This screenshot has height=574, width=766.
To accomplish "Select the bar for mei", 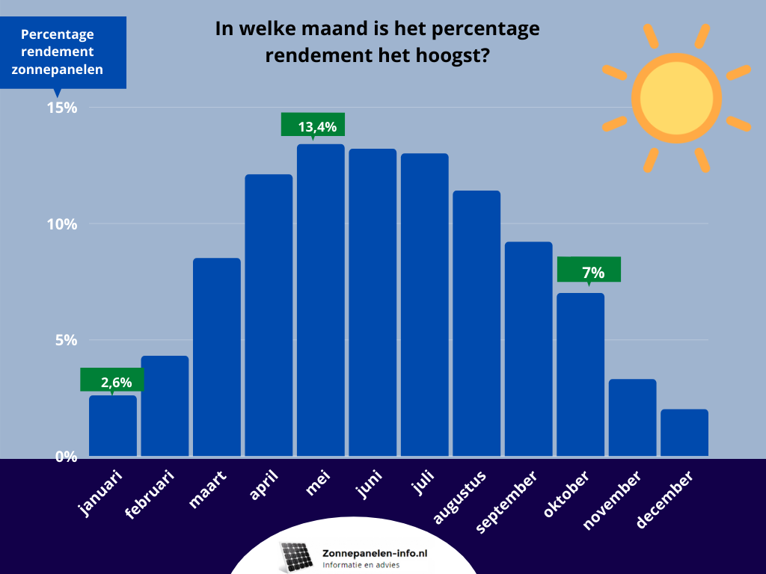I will point(320,299).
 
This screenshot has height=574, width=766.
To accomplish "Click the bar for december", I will point(684,433).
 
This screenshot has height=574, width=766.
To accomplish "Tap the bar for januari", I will point(112,426).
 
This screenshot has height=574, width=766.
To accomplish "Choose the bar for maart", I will point(216,357).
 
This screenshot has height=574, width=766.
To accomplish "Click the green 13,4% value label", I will point(313,125).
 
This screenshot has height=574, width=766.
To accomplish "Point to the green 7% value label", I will point(589,270).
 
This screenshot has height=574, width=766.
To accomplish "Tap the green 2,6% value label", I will point(112,380).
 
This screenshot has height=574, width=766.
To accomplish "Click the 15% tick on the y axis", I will point(62,108).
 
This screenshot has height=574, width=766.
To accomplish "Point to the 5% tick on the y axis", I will point(65,340).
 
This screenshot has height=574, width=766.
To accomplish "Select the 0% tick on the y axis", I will point(65,456).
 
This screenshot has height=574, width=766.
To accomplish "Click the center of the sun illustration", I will point(676,98).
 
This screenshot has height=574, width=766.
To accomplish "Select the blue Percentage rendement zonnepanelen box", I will point(63,52).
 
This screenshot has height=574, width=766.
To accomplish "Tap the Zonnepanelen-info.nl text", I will point(374,553).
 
